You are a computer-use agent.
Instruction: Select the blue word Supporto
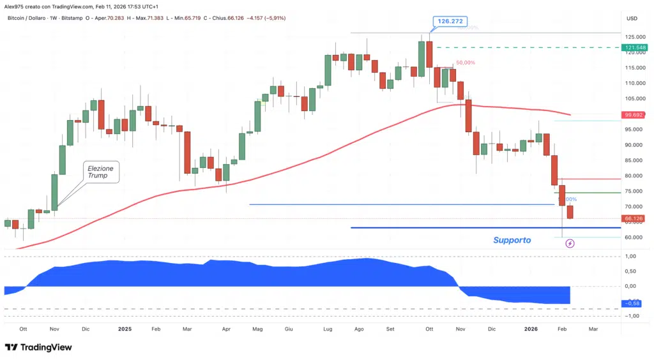[512, 240]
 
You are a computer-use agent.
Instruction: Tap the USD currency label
[632, 18]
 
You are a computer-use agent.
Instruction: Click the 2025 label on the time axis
[125, 329]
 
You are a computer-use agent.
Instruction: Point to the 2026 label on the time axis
[531, 329]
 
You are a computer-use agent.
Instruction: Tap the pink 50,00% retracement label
[465, 63]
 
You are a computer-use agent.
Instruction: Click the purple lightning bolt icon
[570, 243]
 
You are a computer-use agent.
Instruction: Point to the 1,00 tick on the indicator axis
[632, 257]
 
